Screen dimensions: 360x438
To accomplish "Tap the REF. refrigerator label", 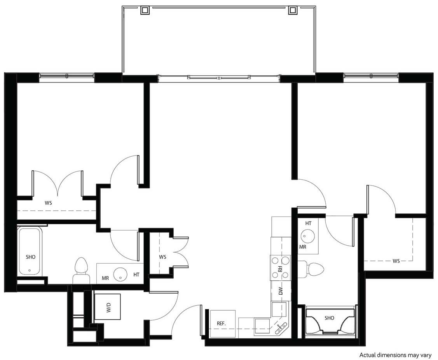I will [x=222, y=323].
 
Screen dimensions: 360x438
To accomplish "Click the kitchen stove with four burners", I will [x=280, y=267].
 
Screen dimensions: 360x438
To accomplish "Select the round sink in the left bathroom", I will [x=120, y=274].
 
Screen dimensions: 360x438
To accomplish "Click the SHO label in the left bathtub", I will [x=30, y=257].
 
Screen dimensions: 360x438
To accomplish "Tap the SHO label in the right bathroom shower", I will [x=329, y=318].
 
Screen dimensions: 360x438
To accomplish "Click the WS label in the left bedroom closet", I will [x=49, y=203].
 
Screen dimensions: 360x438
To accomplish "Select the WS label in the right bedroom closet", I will [x=396, y=261].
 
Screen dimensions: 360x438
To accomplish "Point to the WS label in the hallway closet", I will [x=162, y=257].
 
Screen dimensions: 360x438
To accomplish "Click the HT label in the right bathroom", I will [x=308, y=224].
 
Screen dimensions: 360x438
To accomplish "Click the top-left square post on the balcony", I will [x=144, y=10].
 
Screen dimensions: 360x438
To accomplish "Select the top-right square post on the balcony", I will [x=292, y=10].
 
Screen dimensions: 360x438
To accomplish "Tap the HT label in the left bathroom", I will [x=136, y=274].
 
